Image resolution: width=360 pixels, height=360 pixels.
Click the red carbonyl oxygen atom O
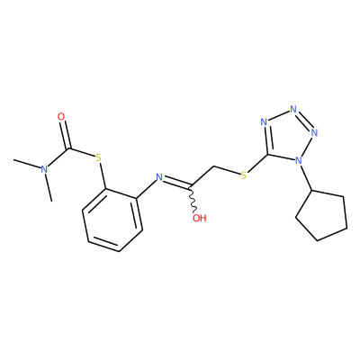[x=61, y=116]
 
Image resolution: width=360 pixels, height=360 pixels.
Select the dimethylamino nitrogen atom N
[x=44, y=169]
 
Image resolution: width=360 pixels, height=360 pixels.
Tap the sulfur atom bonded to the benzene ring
[x=98, y=158]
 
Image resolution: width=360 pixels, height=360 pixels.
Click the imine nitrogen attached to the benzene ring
[x=159, y=177]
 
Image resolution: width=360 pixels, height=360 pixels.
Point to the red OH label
[x=200, y=218]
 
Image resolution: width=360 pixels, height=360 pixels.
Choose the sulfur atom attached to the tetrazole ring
[x=244, y=175]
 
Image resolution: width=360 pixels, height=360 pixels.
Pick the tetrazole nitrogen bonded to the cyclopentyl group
[x=298, y=160]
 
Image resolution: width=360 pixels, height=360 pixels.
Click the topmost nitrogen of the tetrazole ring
[x=293, y=109]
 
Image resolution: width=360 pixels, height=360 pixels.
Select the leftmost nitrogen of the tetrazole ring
[x=264, y=121]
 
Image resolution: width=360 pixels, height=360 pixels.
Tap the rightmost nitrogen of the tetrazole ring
[x=314, y=132]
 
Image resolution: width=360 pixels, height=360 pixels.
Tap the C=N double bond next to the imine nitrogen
[x=176, y=183]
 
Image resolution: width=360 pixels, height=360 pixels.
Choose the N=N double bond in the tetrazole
[x=304, y=121]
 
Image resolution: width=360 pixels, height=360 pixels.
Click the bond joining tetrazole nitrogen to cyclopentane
[x=306, y=177]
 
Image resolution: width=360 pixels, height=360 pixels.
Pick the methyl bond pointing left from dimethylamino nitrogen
[x=27, y=164]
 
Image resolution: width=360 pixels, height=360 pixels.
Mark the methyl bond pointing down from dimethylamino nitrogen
[x=49, y=187]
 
